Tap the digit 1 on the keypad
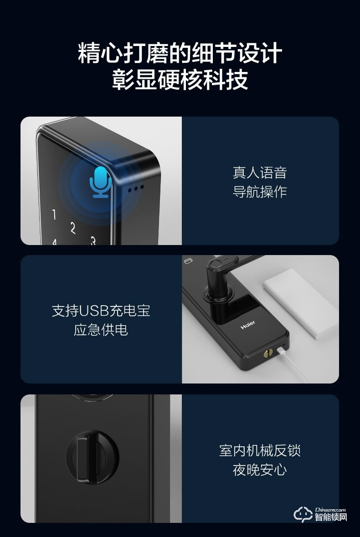click(54, 214)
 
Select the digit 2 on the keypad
click(72, 227)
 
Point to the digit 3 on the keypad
click(93, 240)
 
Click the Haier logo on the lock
click(248, 325)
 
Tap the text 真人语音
click(260, 173)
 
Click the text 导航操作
click(260, 192)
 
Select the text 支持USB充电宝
click(101, 311)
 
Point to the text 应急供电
click(101, 330)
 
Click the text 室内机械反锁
click(260, 450)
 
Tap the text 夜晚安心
click(260, 470)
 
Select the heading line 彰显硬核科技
click(180, 80)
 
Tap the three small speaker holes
click(135, 187)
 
